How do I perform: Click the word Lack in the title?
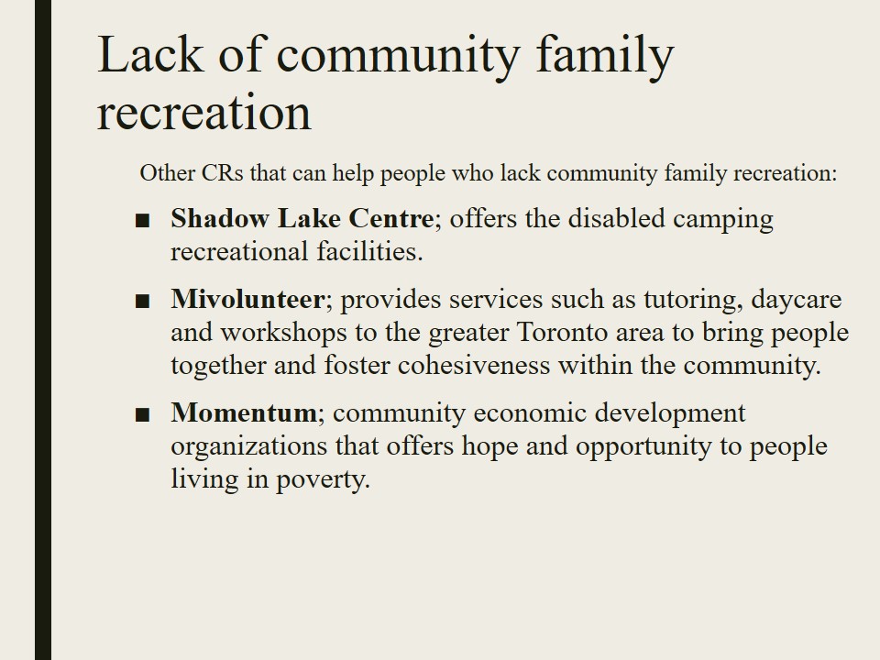[150, 54]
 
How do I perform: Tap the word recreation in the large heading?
[204, 112]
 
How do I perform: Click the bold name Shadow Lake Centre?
[302, 218]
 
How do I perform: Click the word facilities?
[369, 251]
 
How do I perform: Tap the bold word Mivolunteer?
[247, 299]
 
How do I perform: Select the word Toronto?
[562, 332]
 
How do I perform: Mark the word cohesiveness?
[474, 366]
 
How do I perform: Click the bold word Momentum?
[244, 413]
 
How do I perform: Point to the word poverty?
[323, 480]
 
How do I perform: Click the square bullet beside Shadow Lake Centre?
[143, 221]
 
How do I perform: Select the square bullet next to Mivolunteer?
[143, 302]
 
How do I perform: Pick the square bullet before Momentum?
[143, 415]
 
